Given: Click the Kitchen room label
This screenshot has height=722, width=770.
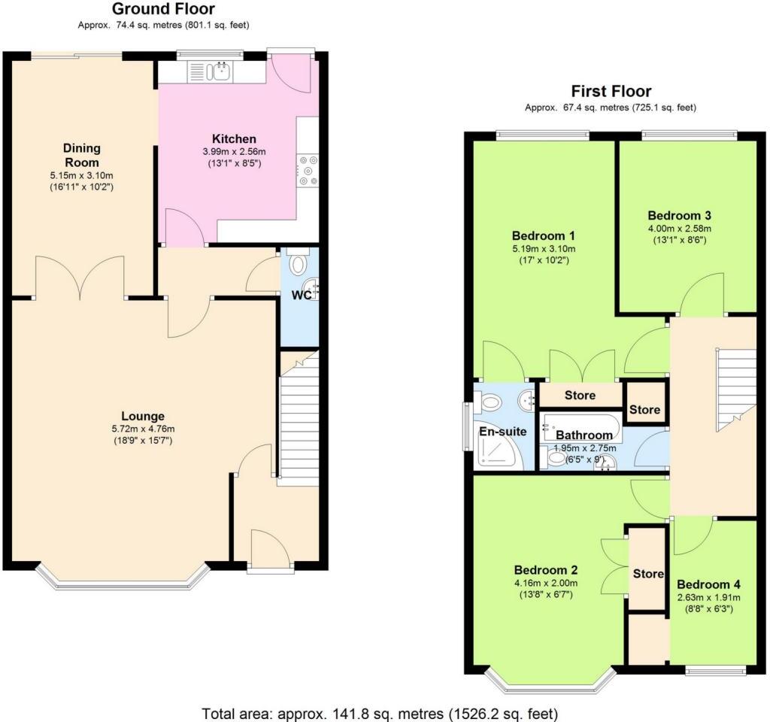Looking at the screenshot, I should pos(234,138).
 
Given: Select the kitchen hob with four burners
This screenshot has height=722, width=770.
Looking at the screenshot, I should pos(307,170).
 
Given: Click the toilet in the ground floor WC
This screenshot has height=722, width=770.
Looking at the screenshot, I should pos(299,264).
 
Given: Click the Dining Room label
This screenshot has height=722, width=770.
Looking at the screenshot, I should pos(81,155).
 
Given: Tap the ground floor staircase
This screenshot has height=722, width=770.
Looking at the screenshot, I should pos(299,421).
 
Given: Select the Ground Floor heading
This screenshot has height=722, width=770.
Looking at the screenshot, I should pos(163,9).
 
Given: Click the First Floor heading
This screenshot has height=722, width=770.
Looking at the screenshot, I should pos(611,91).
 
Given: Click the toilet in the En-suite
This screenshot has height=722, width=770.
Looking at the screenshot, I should pos(490,403).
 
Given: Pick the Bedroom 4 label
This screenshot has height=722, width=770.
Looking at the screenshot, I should pos(708,584).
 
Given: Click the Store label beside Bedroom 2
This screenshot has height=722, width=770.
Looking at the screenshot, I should pos(647,574).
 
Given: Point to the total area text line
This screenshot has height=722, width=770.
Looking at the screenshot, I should pos(380,711).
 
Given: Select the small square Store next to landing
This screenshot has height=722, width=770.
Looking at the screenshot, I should pos(645,410).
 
